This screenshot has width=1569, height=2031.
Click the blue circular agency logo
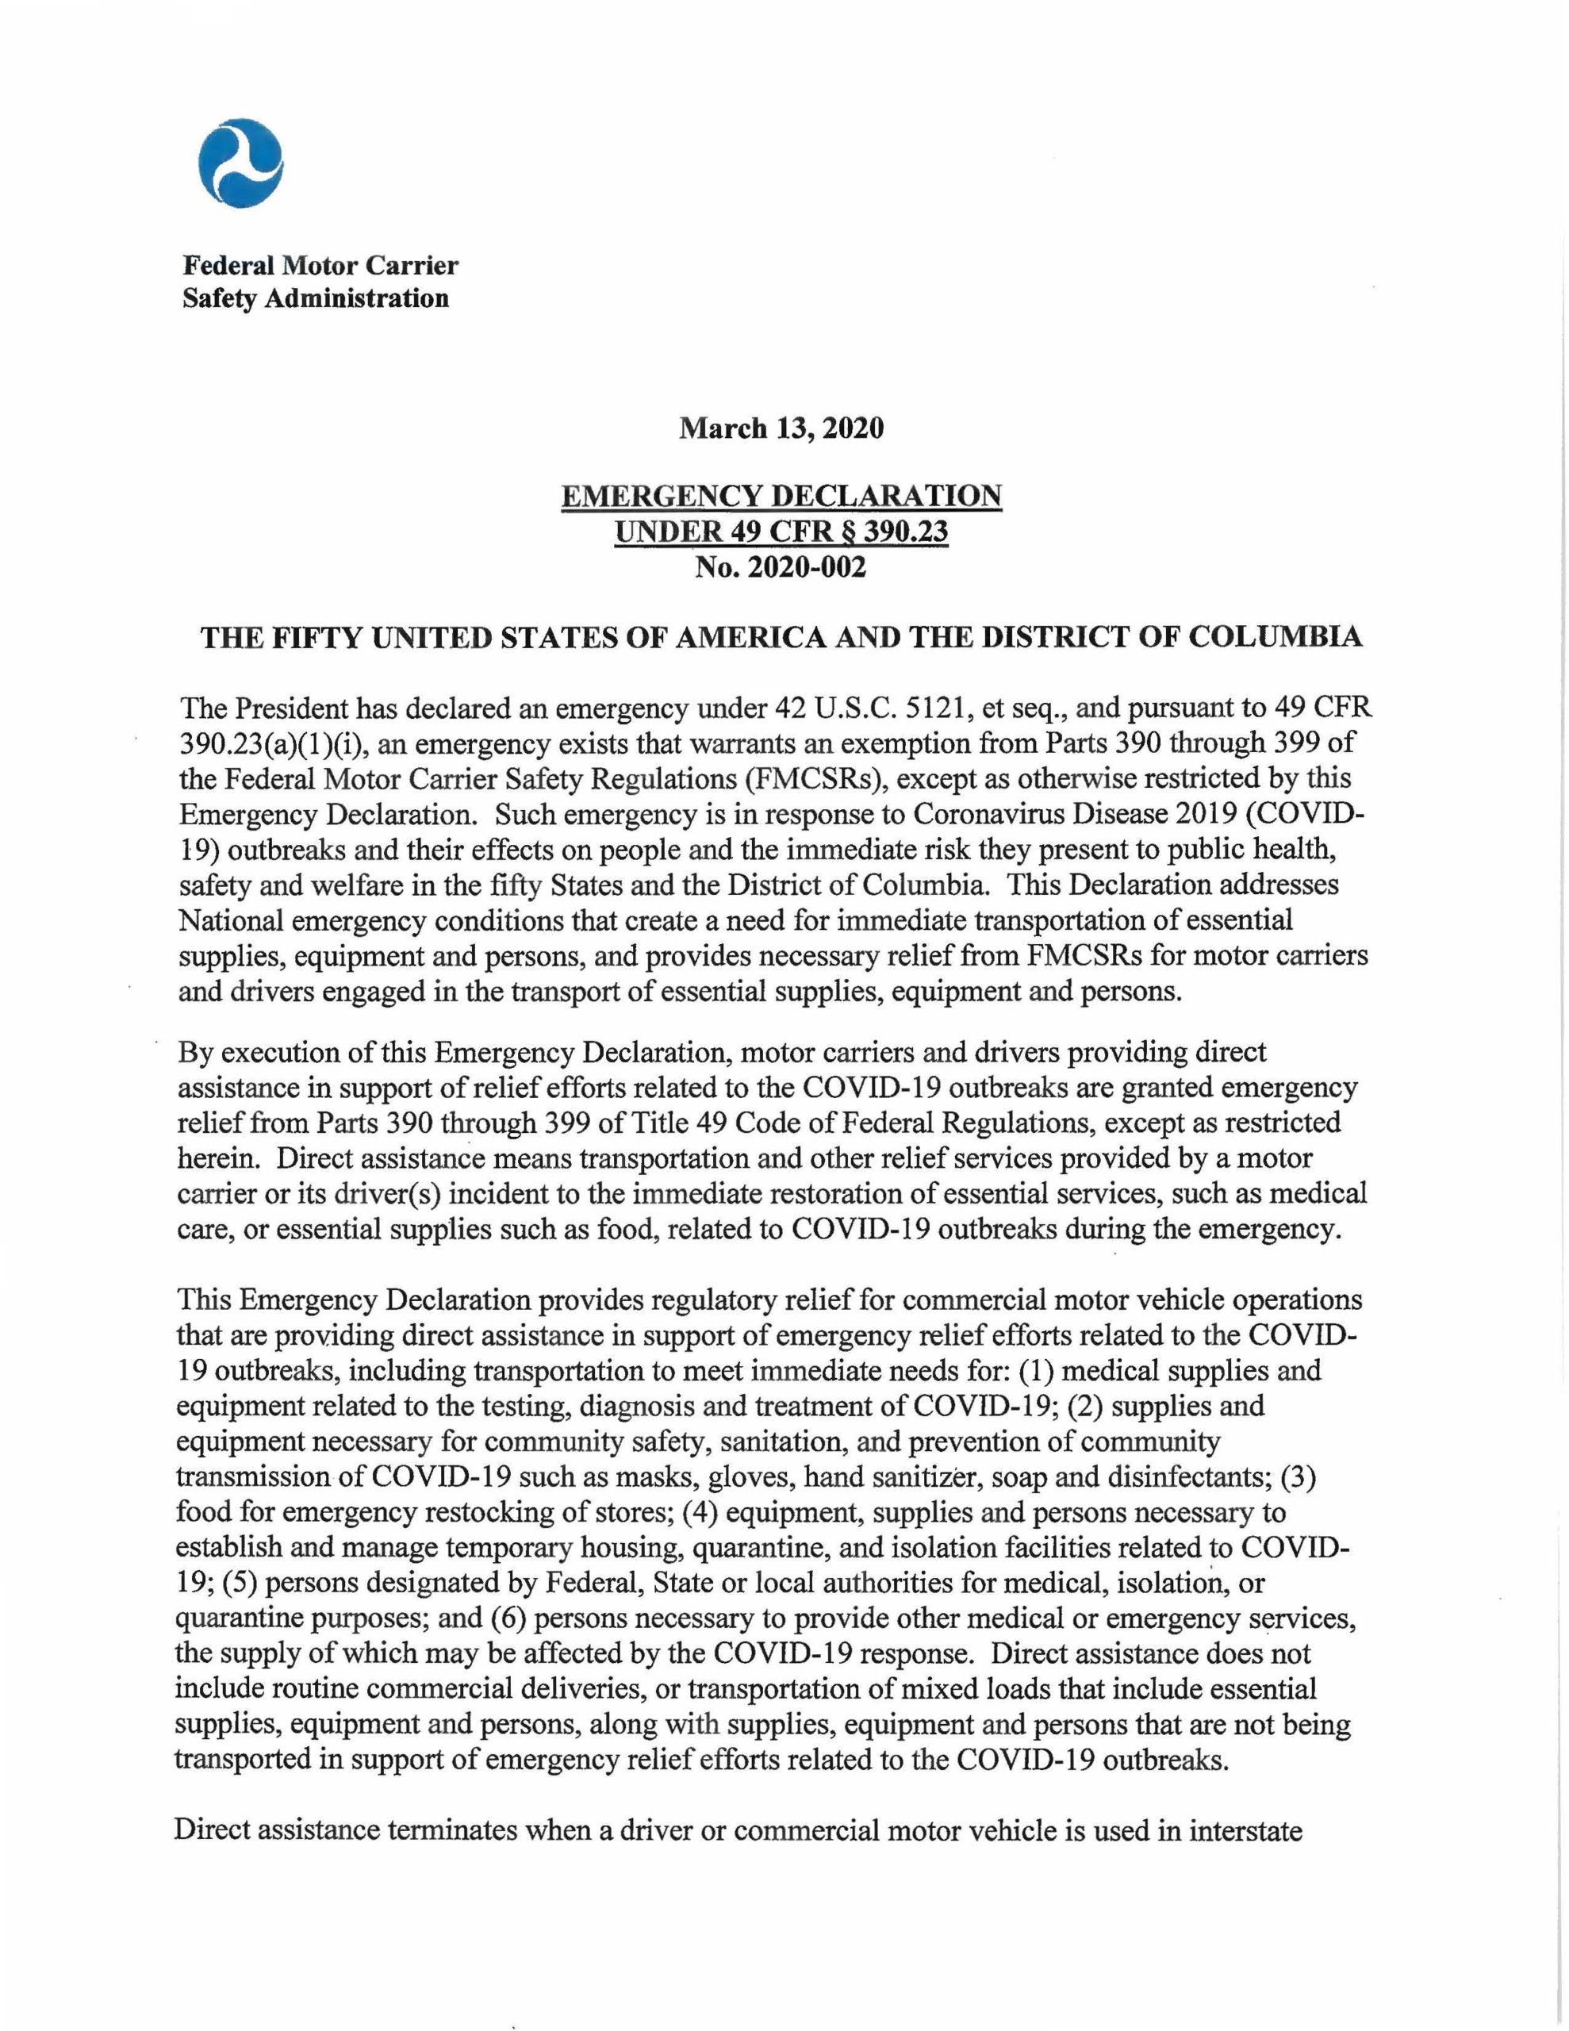(240, 163)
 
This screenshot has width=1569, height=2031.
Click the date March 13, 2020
(781, 428)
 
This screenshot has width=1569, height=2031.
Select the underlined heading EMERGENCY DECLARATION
(781, 496)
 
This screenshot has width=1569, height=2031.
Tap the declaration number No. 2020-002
(781, 566)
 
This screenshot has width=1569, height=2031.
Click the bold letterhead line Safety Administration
(315, 298)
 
